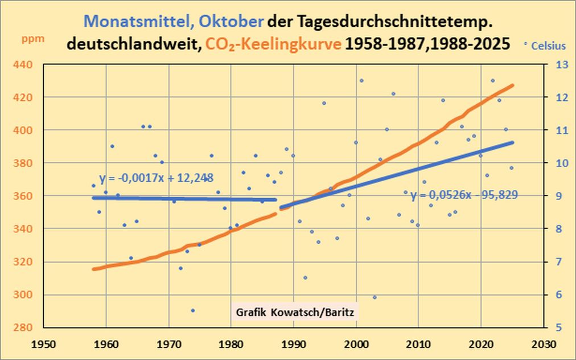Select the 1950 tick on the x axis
point(43,345)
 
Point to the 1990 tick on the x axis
point(293,345)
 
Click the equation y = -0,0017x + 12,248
point(156,178)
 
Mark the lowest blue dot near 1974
point(193,310)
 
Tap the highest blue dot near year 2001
point(361,80)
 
